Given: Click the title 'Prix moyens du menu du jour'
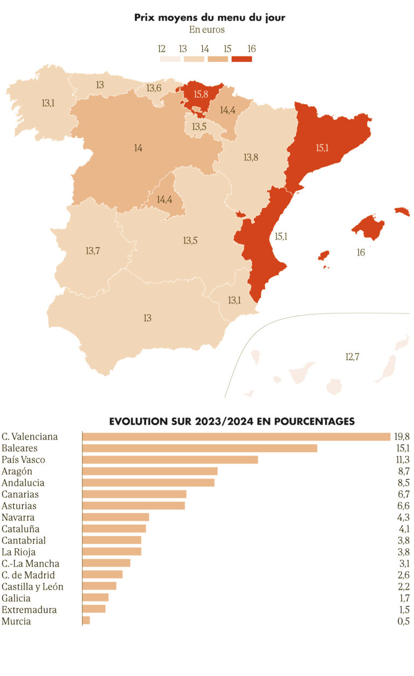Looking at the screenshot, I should coord(210,18).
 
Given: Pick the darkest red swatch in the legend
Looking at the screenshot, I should coord(241,59).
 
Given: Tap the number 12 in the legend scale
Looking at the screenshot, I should coord(162,49).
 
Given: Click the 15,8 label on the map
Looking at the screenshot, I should coord(201,94).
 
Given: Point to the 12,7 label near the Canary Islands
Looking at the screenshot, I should coord(352,356).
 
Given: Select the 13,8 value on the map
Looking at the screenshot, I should coord(251,158).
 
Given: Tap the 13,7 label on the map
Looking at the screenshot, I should coord(93,250).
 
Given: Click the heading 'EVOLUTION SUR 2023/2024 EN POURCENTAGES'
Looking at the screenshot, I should coord(232,421).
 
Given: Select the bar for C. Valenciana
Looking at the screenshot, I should coord(236,436).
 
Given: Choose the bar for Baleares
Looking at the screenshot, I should coord(199,448).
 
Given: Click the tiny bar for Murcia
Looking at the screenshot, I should coord(86,621).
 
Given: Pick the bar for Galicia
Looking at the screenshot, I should coord(95,598).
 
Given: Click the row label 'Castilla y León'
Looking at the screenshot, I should coord(32,586).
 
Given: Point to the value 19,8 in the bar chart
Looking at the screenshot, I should coord(402,436).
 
